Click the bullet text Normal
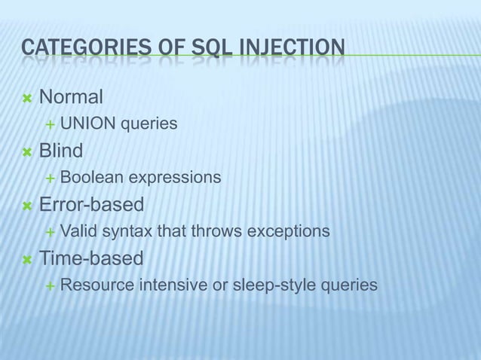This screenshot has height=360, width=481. tap(71, 97)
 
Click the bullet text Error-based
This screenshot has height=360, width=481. tap(91, 205)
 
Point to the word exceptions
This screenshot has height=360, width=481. tap(291, 231)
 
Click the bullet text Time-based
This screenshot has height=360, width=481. tap(91, 259)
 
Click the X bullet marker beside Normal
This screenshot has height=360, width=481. tap(27, 98)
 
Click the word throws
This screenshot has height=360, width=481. tap(218, 231)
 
